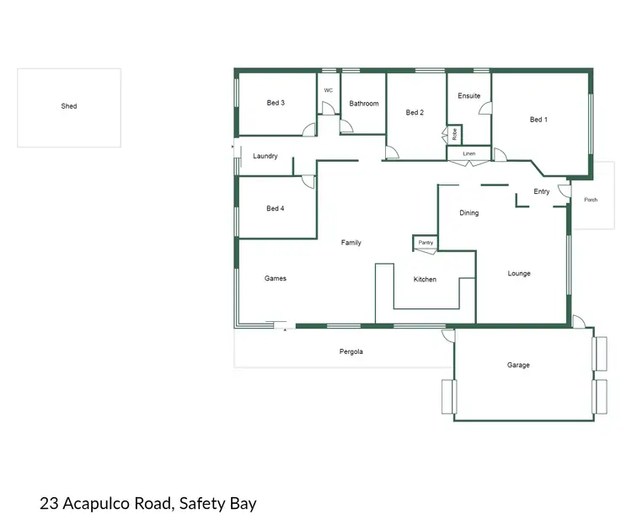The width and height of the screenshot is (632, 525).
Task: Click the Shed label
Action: tap(69, 106)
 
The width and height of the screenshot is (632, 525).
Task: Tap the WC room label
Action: tap(328, 89)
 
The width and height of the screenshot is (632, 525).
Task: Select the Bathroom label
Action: tap(364, 104)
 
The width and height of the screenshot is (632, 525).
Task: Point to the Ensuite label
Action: tap(469, 96)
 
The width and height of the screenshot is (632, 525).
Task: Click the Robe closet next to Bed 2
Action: tap(454, 134)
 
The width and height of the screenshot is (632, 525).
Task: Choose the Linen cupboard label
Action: tap(469, 154)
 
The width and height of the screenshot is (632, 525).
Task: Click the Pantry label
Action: tap(426, 243)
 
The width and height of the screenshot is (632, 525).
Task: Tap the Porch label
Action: tap(591, 200)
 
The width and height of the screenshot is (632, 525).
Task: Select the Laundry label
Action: tap(265, 156)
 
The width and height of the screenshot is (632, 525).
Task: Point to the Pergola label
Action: tap(351, 351)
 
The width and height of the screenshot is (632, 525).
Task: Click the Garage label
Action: tap(518, 365)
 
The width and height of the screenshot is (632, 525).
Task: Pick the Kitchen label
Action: tap(425, 279)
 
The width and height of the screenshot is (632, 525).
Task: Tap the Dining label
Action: tap(469, 213)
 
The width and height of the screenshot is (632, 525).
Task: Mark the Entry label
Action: tap(542, 192)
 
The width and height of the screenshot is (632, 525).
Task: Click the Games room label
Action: tap(276, 278)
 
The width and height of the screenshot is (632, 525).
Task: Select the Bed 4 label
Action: tap(275, 208)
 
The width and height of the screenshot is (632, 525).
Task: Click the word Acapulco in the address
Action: tap(108, 504)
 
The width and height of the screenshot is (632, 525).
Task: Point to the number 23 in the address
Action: tap(49, 504)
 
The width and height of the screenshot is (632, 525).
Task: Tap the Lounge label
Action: tap(519, 273)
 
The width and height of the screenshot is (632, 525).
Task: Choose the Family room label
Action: tap(351, 243)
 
